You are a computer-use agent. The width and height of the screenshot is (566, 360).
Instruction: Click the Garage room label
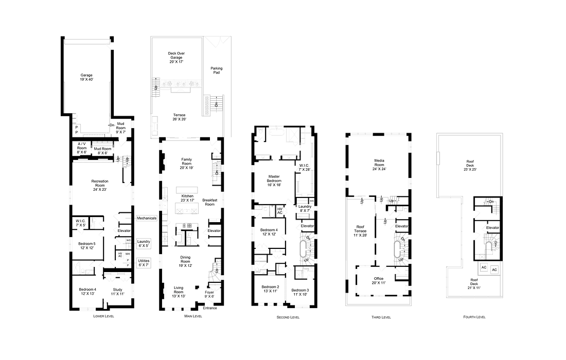86,78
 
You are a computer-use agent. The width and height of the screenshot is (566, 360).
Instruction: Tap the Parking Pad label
217,70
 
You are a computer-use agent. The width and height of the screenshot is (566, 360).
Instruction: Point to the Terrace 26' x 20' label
180,117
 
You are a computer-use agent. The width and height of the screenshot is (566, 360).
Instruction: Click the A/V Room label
82,148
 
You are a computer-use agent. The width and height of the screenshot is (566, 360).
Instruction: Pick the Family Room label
186,164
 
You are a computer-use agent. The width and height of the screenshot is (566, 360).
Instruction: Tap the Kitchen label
188,199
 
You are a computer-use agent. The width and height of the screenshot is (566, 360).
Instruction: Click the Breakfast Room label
210,202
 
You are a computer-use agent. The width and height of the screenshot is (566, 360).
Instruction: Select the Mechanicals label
147,218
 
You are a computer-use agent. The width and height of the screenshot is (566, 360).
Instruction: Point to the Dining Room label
185,261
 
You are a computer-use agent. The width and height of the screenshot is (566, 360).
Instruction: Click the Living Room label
179,292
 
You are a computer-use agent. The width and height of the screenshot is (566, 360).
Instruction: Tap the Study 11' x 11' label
118,292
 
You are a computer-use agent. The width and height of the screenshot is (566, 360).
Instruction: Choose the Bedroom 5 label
86,245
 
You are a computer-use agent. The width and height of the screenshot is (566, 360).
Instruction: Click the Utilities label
144,263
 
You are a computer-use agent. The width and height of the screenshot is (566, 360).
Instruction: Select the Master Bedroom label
274,181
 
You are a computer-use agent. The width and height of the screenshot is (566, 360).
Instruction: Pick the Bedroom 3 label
300,292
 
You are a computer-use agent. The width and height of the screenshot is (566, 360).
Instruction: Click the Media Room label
380,165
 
